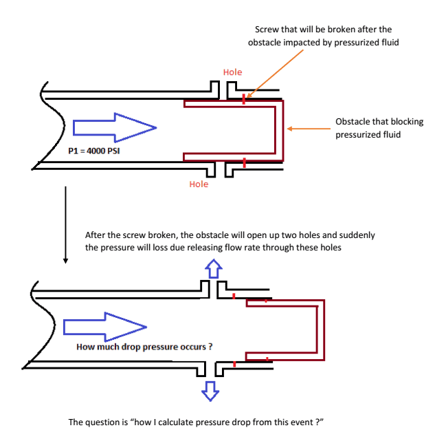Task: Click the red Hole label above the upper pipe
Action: click(x=232, y=72)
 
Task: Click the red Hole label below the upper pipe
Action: click(x=199, y=184)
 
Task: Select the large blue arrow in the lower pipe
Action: click(x=104, y=325)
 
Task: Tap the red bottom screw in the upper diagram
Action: click(x=244, y=162)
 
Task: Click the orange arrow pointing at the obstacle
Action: click(x=309, y=127)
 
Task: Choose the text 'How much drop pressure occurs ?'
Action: click(x=144, y=347)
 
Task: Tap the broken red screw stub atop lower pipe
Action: click(x=234, y=297)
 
